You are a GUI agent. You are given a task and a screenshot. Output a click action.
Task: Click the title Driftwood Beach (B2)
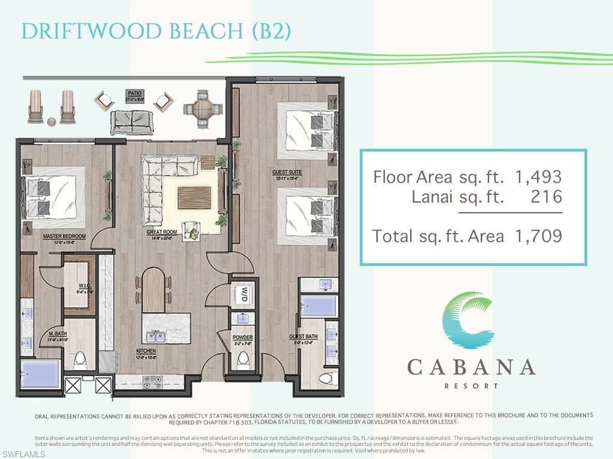(156, 31)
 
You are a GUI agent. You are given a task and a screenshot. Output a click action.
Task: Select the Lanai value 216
(547, 197)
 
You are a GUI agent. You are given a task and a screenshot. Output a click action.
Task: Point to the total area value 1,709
(539, 236)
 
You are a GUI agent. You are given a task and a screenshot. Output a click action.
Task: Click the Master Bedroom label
(64, 237)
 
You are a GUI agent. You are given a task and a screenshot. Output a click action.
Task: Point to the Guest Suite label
(286, 173)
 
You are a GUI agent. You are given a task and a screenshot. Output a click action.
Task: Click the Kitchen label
(145, 351)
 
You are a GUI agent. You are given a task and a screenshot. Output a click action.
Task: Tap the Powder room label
(242, 338)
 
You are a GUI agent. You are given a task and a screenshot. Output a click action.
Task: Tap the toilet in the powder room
(243, 360)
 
